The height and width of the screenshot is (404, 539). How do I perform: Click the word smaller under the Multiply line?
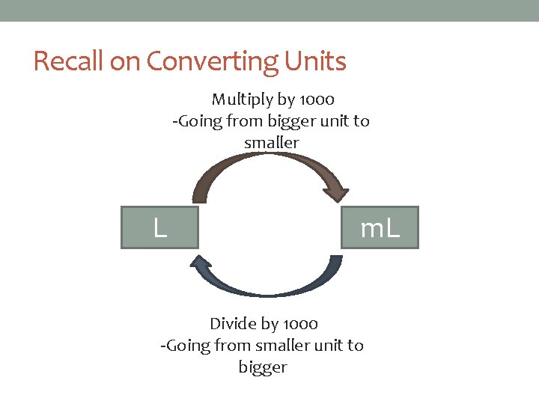tap(271, 142)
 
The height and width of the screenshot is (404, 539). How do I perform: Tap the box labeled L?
tap(160, 227)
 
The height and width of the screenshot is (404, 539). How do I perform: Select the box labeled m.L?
tap(380, 227)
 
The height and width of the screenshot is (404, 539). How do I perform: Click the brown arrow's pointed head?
tap(338, 194)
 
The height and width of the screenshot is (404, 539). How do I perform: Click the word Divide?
tap(234, 324)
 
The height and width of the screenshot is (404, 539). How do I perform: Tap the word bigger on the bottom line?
tap(263, 367)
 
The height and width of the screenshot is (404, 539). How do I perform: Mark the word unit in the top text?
tap(323, 121)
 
